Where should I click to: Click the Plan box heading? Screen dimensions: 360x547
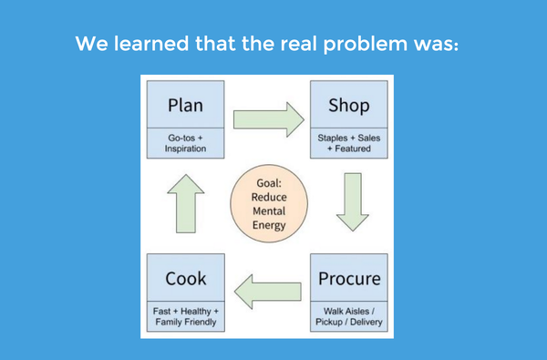pos(186,105)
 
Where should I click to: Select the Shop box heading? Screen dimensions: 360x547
pos(349,105)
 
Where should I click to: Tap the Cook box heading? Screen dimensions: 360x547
pos(186,277)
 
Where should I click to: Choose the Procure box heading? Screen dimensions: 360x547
pos(349,277)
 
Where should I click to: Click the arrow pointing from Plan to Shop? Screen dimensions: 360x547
pos(267,117)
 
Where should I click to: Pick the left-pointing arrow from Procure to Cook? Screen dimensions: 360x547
pos(267,290)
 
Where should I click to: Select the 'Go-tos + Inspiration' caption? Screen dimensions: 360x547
pos(186,141)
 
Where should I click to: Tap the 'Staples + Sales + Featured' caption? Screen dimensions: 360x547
pos(349,141)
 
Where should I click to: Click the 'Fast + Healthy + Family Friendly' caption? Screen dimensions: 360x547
pos(186,315)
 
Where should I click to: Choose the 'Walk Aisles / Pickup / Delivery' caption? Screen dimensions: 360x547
pos(349,315)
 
